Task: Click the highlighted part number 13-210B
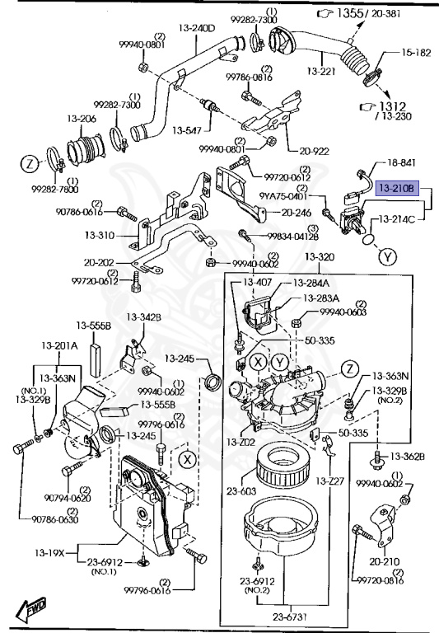[x=396, y=189]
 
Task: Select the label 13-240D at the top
[x=198, y=28]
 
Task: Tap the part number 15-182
[x=416, y=52]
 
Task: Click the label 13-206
[x=81, y=119]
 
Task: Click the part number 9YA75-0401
[x=284, y=196]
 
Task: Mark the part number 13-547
[x=187, y=130]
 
